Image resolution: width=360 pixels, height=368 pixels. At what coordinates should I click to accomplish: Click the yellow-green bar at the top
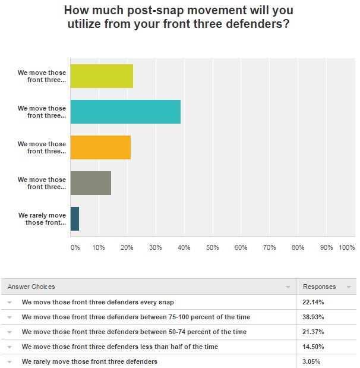pos(102,76)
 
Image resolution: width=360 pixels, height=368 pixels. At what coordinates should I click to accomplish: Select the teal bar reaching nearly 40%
pos(125,112)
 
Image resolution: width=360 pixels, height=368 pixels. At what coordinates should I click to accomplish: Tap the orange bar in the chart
pos(100,147)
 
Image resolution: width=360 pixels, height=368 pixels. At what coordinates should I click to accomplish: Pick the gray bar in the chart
pos(90,183)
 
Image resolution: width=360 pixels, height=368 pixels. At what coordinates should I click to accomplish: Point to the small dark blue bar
pos(75,219)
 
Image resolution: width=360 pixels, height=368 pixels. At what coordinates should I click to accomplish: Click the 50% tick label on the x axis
pos(212,247)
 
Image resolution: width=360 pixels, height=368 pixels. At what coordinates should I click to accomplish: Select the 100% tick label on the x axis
pos(346,247)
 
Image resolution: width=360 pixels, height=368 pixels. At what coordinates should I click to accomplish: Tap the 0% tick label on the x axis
pos(74,247)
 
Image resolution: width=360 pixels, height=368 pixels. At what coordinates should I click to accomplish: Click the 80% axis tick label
pos(298,247)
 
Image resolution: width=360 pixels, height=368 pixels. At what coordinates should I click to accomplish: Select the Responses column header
pos(319,287)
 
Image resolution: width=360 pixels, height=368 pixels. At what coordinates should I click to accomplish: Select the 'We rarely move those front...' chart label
pos(42,219)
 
